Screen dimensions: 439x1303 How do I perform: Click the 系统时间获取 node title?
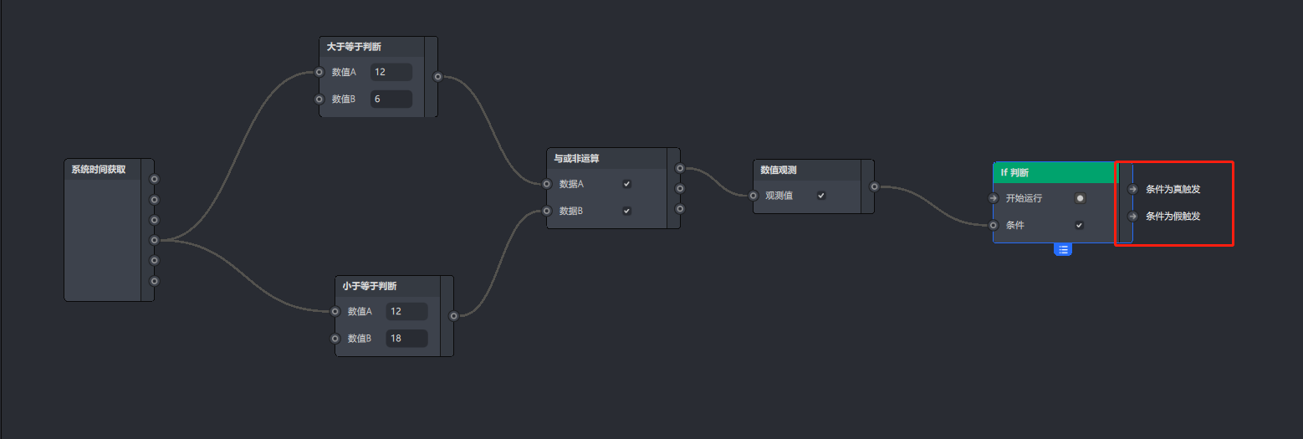99,169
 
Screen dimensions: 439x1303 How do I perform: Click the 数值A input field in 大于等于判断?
391,72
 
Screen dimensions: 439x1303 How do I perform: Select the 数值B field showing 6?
391,99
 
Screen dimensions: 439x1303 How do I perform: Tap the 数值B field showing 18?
406,339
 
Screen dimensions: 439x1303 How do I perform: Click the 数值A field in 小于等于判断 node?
406,311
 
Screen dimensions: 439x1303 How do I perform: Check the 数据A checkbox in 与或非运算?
626,184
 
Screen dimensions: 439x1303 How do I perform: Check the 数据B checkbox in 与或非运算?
626,211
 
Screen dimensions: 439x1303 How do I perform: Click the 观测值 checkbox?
821,196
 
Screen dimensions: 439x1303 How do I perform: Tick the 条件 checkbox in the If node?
1080,225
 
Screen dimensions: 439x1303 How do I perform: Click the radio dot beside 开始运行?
1080,198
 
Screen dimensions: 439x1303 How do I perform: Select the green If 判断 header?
1055,172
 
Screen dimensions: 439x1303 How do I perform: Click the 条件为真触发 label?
1173,189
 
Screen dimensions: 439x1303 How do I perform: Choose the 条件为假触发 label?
1173,216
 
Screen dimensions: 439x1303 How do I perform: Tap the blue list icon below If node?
1063,249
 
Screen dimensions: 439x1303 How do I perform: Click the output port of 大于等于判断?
437,77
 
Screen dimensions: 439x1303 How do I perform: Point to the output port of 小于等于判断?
453,316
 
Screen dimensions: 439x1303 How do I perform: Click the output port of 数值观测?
874,187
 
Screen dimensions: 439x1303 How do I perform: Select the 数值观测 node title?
778,170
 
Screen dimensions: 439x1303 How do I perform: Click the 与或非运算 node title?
576,158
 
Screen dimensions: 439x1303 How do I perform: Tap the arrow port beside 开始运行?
993,198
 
